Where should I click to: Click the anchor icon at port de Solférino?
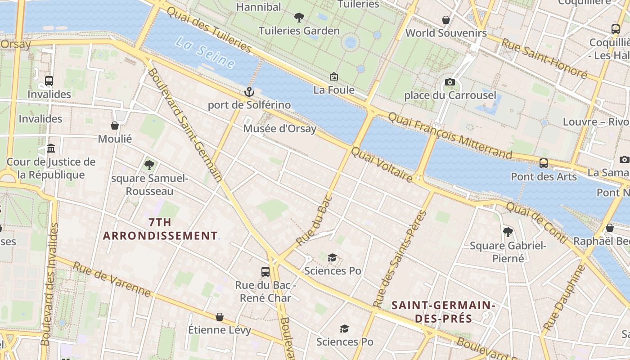[249, 92]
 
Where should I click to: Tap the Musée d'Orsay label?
[279, 129]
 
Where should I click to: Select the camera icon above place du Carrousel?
[450, 82]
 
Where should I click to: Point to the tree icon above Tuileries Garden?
[298, 18]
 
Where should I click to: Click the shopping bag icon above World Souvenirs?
[446, 20]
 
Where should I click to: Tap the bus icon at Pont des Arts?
[544, 163]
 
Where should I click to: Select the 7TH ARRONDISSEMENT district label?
[160, 229]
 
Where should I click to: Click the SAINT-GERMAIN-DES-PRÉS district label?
[443, 312]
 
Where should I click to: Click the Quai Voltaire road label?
[382, 165]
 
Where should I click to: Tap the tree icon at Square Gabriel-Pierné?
[508, 232]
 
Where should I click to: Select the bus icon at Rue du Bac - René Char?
[265, 271]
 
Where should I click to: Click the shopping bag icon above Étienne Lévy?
[220, 317]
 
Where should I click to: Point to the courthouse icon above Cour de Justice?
[51, 148]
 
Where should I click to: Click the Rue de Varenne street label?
[112, 279]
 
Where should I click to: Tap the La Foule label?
[334, 90]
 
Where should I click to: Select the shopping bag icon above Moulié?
[115, 126]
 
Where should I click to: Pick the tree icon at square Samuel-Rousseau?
[149, 165]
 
